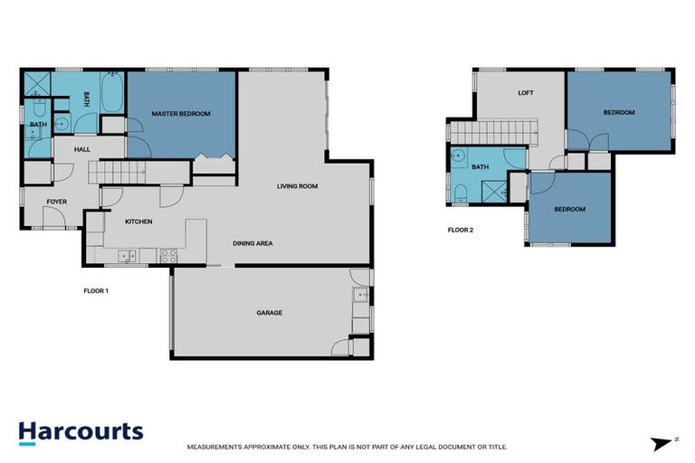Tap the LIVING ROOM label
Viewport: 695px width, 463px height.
(298, 186)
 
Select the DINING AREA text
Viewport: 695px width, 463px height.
(252, 242)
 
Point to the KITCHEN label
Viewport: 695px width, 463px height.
(138, 222)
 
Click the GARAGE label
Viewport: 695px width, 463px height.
(269, 313)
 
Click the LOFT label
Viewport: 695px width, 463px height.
(525, 93)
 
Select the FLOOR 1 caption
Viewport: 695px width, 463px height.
(96, 291)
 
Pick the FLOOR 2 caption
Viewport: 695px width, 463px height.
(461, 230)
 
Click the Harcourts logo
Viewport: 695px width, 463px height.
(81, 430)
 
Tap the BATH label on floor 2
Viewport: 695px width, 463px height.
(481, 166)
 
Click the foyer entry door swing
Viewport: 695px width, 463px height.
(55, 215)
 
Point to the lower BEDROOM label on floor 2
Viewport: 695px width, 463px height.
(569, 210)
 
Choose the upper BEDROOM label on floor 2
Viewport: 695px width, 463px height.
(619, 112)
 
